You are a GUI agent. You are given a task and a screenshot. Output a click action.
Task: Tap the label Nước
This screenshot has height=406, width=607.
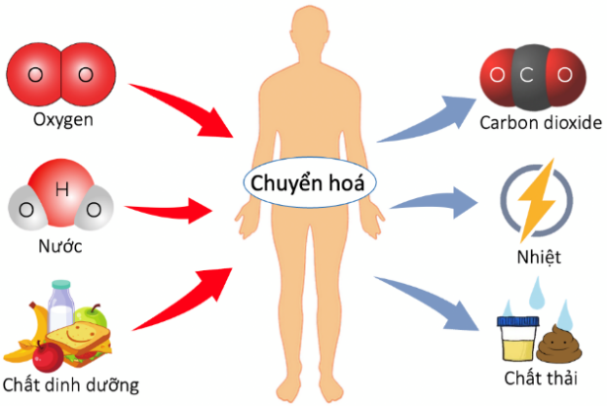pos(60,245)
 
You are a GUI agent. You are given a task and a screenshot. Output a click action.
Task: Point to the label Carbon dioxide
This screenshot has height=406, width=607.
pos(541,125)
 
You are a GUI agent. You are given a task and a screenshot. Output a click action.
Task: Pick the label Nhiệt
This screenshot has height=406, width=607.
pos(539,258)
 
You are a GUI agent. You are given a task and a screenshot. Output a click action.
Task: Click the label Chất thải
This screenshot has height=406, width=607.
pos(539,377)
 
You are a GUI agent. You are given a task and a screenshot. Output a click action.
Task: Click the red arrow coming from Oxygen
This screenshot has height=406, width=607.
pos(185,107)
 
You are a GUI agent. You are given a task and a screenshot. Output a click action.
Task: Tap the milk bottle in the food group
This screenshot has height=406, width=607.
pos(62,307)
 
